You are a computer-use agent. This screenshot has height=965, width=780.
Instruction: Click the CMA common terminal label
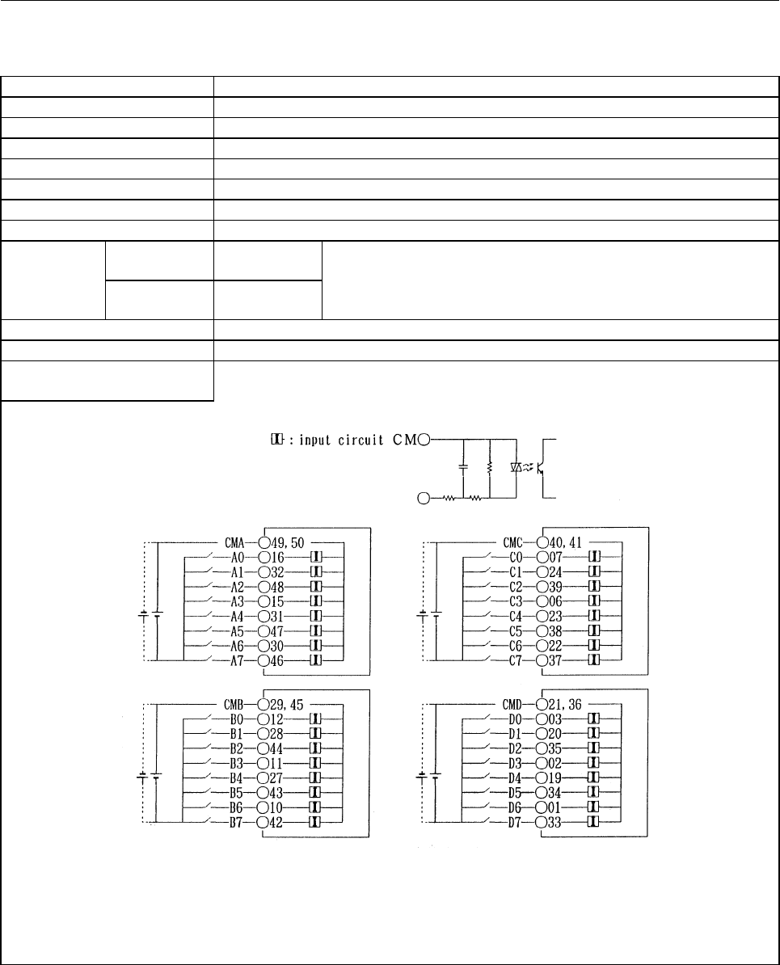[x=234, y=543]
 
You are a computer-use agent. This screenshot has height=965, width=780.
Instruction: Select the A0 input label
[x=238, y=558]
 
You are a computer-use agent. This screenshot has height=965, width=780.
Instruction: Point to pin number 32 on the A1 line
[x=278, y=572]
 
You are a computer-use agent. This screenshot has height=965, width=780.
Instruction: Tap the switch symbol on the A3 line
[x=207, y=599]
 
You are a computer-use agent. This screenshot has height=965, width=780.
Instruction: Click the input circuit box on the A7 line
[x=316, y=660]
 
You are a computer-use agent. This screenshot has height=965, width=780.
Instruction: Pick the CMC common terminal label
[x=512, y=543]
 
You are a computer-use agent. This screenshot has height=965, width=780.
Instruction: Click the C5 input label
[x=516, y=631]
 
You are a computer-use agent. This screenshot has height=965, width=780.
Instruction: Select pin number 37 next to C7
[x=555, y=660]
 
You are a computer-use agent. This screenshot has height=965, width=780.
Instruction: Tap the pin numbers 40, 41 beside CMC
[x=565, y=543]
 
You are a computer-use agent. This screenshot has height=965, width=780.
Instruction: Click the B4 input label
[x=237, y=778]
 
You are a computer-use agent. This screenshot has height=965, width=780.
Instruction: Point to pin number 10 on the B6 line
[x=277, y=807]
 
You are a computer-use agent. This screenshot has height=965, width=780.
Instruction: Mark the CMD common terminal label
[x=512, y=705]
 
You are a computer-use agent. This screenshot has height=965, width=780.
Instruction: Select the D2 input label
[x=515, y=749]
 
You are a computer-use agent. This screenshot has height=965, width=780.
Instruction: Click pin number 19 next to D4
[x=555, y=778]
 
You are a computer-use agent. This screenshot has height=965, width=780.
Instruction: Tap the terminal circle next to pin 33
[x=542, y=822]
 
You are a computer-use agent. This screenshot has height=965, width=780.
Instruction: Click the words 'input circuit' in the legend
[x=338, y=440]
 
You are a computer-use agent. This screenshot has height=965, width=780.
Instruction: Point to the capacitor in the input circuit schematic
[x=463, y=468]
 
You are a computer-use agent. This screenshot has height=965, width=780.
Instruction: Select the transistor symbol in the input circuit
[x=540, y=468]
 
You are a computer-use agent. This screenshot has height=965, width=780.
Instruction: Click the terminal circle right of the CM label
[x=425, y=440]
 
